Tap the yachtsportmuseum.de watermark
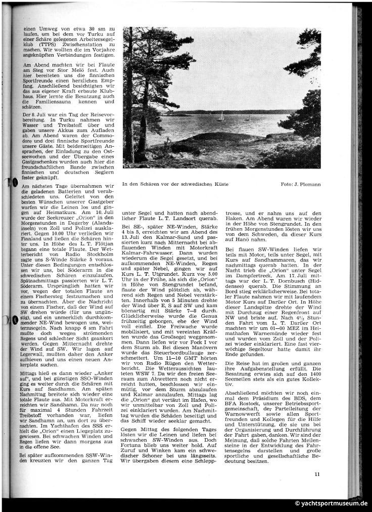(331, 504)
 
